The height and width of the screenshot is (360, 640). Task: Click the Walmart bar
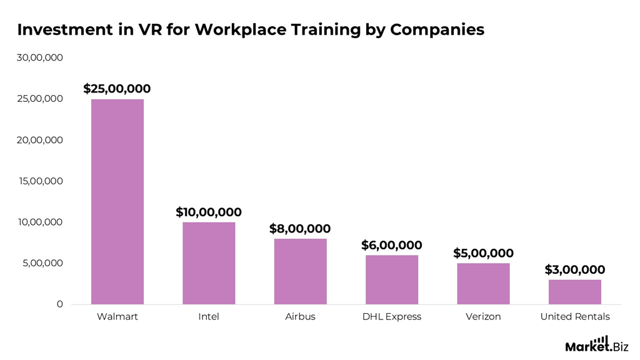point(117,201)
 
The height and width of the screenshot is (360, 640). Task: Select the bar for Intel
point(209,263)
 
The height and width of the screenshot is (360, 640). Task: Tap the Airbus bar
point(300,271)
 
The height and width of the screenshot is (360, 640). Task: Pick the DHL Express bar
point(392,279)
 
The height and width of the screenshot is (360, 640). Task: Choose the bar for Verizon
point(483,284)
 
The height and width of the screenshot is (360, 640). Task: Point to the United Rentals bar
point(574,292)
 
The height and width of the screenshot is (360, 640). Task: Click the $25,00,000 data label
point(117,89)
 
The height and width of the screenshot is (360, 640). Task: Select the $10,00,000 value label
point(209,212)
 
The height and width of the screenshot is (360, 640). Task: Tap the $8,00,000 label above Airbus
point(300,229)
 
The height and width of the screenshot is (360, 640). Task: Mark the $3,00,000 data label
point(574,270)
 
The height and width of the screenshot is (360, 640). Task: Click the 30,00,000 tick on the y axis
point(39,57)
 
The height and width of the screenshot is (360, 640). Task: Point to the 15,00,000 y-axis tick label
point(39,181)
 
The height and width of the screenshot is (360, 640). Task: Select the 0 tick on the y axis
point(60,304)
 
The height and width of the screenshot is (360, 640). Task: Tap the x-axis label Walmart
point(117,317)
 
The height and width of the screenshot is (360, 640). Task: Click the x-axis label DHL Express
point(392,317)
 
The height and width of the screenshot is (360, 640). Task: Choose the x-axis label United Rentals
point(574,317)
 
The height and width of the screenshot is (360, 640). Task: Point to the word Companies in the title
point(437,29)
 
